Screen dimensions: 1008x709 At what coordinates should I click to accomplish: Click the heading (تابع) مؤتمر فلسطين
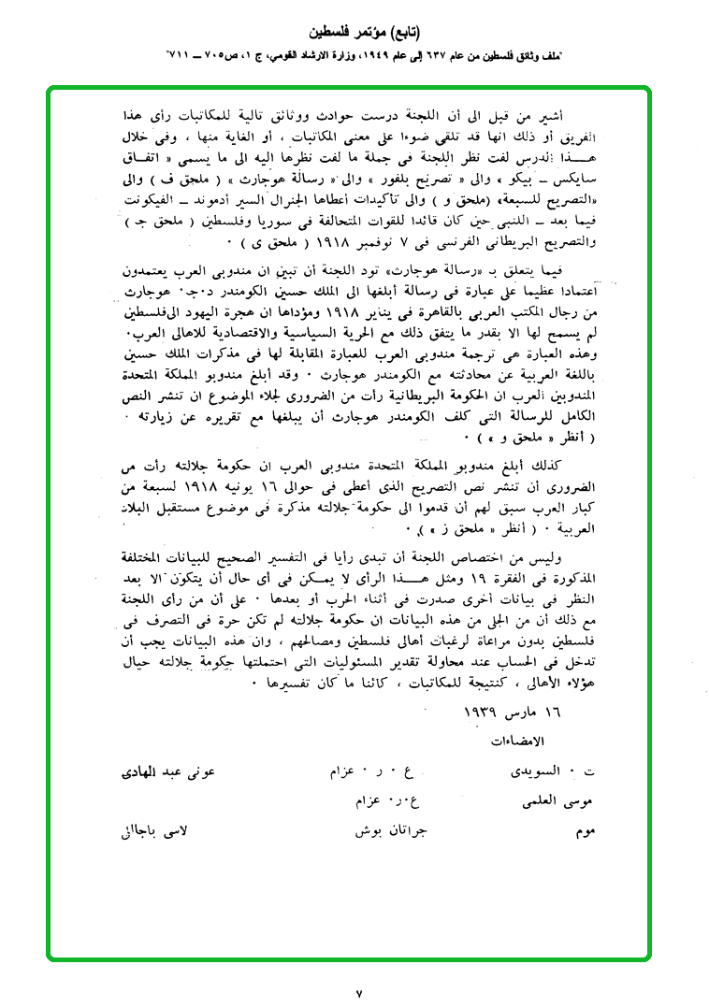click(354, 42)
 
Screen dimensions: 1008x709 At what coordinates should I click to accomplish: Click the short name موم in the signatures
click(586, 831)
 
